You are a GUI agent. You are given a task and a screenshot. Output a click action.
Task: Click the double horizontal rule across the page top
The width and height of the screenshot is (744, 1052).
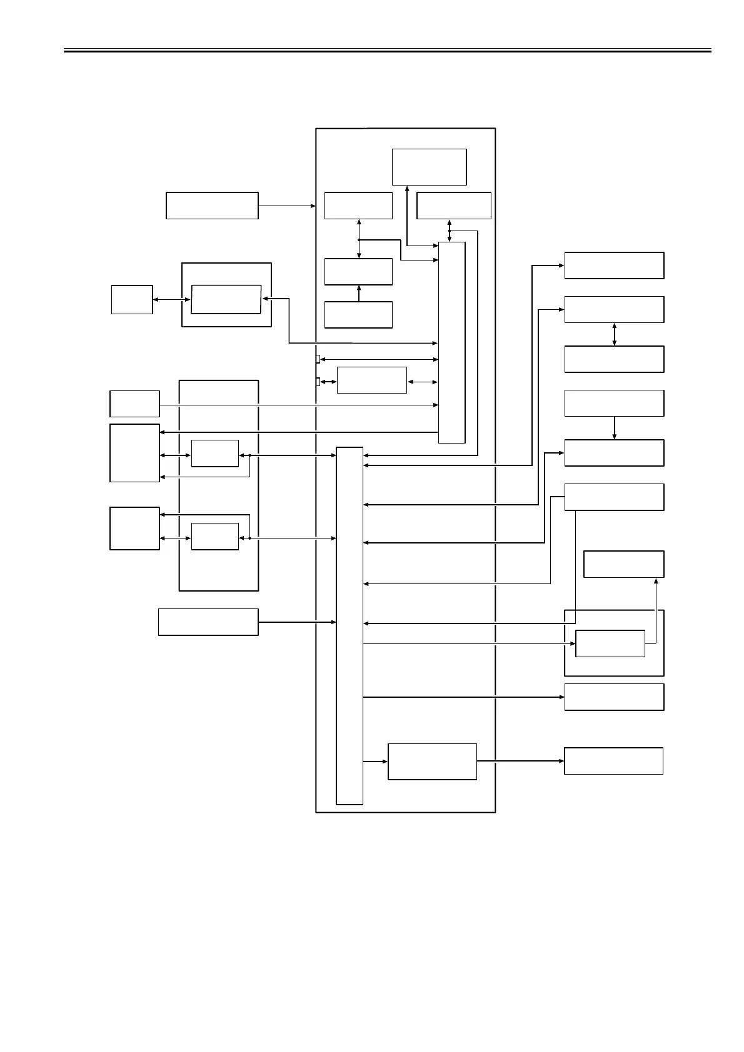pos(387,50)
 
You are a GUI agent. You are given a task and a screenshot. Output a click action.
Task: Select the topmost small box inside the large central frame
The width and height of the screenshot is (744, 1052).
pos(429,167)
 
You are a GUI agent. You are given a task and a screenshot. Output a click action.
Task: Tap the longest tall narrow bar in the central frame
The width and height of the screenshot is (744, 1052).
pos(349,625)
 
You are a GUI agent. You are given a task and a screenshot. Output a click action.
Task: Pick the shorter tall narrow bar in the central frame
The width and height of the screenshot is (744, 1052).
pos(451,342)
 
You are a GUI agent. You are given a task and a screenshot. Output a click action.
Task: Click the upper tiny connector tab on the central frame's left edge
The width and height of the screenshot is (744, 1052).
pos(318,359)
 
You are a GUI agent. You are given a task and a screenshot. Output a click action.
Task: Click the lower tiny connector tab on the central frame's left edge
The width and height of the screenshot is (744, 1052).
pos(318,382)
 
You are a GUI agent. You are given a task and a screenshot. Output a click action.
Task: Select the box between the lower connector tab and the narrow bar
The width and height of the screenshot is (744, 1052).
pos(371,380)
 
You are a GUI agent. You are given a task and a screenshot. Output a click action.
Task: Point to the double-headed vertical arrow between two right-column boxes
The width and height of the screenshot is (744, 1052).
pos(614,334)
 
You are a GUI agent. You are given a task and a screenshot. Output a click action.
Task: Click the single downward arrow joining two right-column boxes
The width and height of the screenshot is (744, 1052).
pos(614,428)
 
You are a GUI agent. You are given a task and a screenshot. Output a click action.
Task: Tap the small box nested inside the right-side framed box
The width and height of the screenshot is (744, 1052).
pos(610,643)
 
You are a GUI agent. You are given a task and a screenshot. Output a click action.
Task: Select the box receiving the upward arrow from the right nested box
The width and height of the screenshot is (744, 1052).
pos(623,564)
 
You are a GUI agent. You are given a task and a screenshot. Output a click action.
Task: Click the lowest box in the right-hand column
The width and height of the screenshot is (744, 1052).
pos(613,761)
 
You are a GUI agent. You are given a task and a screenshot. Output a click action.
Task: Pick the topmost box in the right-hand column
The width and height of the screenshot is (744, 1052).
pos(614,265)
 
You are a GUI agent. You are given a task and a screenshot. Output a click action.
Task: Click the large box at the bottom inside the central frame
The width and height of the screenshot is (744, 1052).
pos(432,762)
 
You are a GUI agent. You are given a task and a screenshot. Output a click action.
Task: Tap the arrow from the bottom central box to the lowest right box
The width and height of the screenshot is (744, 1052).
pos(520,761)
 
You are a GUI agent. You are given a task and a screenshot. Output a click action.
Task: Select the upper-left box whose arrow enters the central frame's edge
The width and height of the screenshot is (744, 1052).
pos(212,206)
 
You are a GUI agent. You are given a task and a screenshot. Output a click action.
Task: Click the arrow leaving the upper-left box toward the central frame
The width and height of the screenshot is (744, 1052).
pos(287,206)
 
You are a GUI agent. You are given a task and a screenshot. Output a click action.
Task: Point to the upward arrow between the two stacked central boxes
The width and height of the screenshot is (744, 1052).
pos(359,294)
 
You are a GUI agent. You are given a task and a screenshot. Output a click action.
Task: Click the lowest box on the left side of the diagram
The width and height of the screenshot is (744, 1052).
pos(208,622)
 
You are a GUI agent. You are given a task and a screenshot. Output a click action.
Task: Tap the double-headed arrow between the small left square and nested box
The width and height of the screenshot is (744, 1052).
pos(172,300)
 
